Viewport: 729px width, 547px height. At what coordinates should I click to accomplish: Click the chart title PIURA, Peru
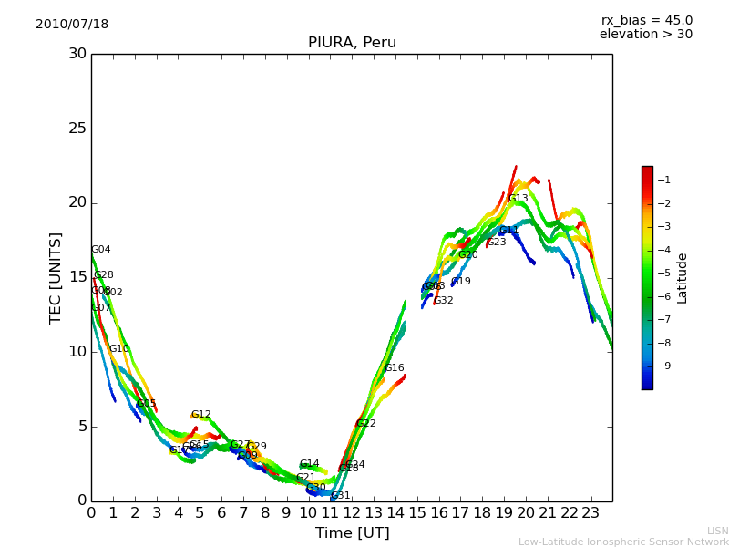pos(352,43)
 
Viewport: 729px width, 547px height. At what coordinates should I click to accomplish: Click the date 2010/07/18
pos(72,25)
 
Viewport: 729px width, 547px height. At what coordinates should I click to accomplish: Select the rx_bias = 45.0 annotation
pos(646,21)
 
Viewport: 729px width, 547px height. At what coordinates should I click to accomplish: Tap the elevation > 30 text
pos(646,35)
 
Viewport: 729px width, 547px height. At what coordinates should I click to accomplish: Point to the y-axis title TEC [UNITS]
pos(56,277)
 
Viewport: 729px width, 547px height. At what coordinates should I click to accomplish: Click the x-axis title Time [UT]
pos(352,533)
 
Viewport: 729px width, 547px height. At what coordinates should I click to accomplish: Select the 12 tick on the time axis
pos(352,513)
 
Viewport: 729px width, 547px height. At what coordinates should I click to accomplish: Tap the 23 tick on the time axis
pos(590,513)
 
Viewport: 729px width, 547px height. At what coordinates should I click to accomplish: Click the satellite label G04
pos(100,250)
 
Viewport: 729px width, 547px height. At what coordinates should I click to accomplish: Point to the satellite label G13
pos(519,199)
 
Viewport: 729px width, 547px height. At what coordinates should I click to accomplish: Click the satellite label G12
pos(200,415)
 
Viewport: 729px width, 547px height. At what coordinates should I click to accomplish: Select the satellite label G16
pos(394,368)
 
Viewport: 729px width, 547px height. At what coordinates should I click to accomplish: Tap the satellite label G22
pos(366,424)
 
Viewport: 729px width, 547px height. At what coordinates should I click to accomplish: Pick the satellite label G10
pos(118,349)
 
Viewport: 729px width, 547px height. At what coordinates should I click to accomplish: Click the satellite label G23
pos(497,243)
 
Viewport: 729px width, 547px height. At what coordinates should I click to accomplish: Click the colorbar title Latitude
pos(683,278)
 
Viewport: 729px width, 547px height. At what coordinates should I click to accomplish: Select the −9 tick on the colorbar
pos(663,366)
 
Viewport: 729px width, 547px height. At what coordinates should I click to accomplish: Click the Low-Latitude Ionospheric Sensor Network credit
pos(623,542)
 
